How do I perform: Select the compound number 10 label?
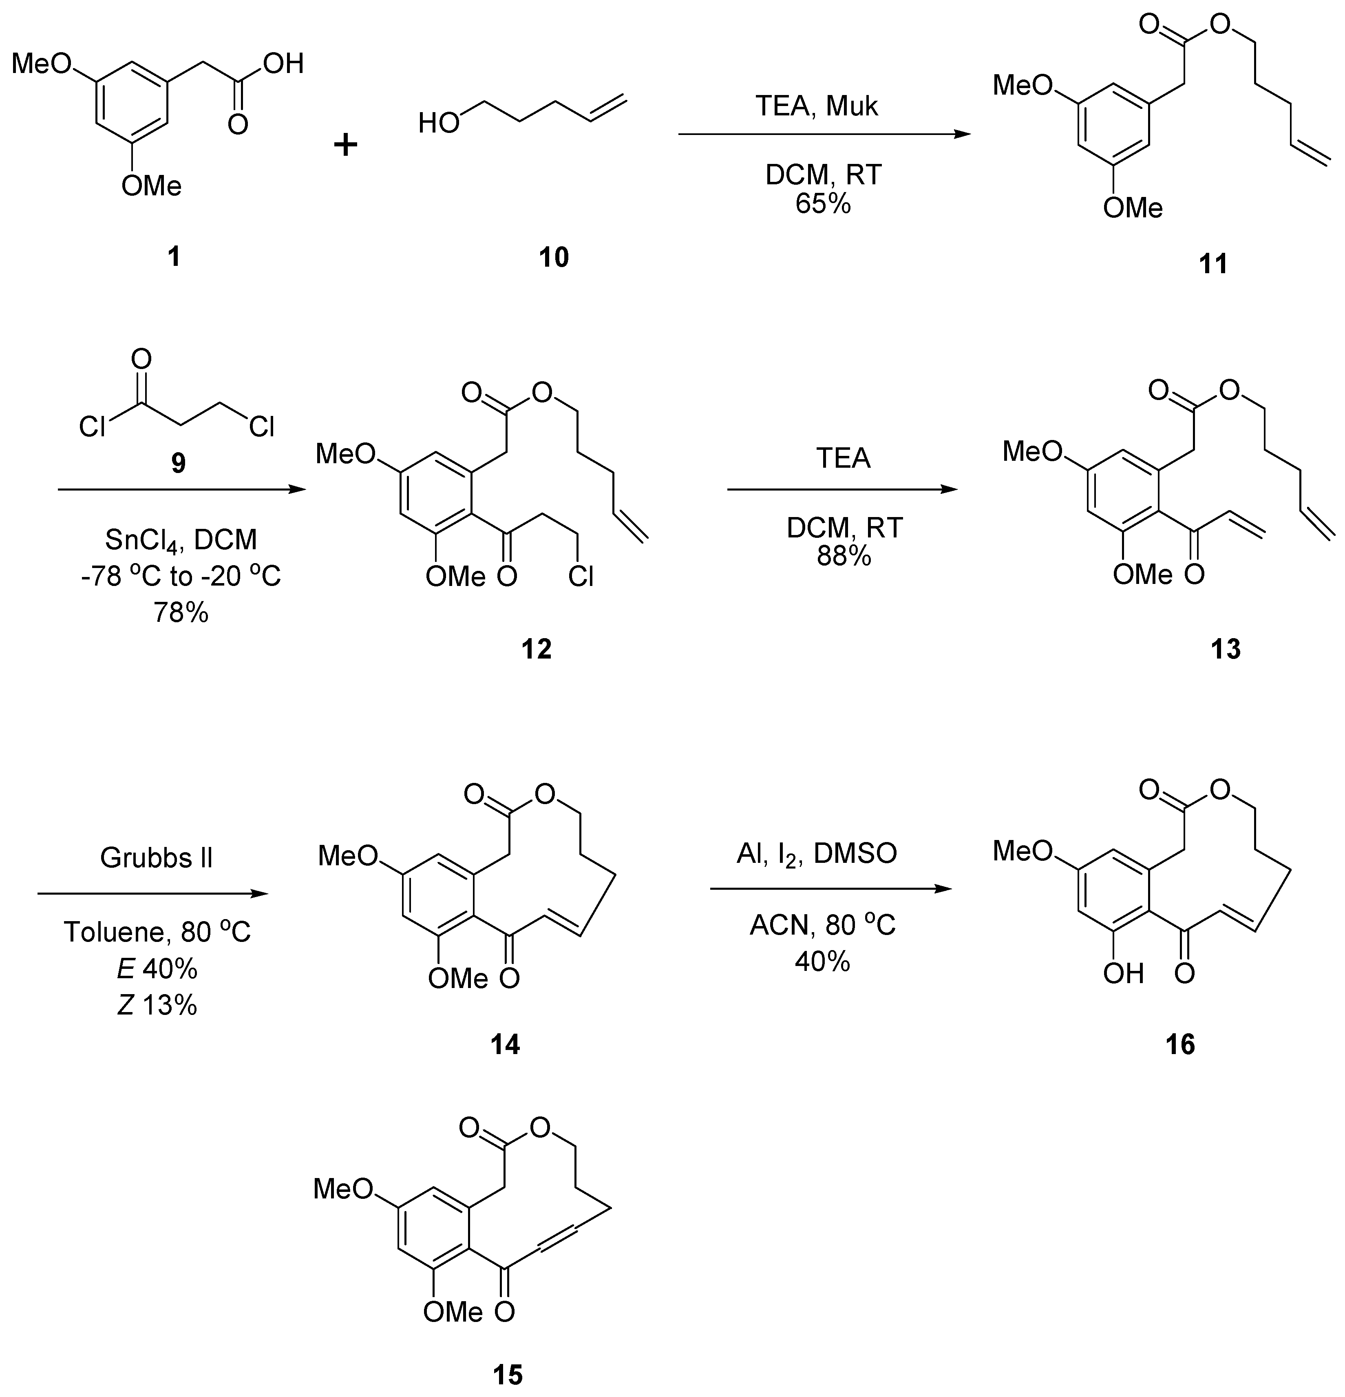[554, 256]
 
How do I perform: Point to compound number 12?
[536, 649]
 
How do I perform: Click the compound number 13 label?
[1225, 649]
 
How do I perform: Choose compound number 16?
[1179, 1045]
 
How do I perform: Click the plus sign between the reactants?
[346, 146]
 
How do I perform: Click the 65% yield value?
[823, 205]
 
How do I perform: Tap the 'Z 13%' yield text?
[157, 1005]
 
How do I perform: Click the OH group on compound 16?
[1123, 973]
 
